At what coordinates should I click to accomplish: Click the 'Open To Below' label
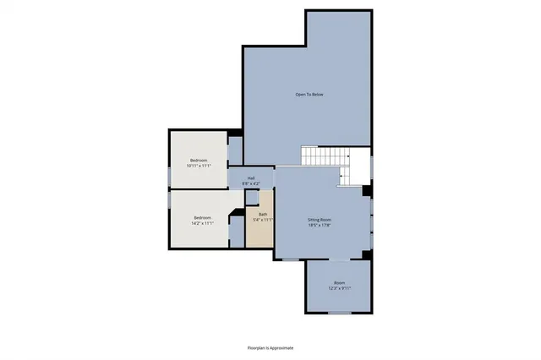pos(309,94)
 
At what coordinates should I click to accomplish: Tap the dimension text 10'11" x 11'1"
pos(199,166)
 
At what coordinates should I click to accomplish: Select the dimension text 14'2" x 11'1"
pos(201,224)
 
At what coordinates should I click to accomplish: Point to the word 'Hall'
pos(251,177)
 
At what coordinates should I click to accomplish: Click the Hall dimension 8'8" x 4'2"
pos(251,183)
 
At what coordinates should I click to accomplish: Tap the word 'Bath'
pos(263,215)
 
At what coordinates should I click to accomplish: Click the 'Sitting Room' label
pos(320,220)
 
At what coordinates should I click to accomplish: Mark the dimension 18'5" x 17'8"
pos(320,226)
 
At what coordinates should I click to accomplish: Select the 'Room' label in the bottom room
pos(339,283)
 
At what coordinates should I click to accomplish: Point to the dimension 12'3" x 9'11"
pos(339,289)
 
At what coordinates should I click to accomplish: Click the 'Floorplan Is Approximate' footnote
pos(270,347)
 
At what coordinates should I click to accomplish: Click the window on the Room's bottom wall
pos(339,314)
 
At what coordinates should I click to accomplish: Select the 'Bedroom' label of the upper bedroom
pos(199,161)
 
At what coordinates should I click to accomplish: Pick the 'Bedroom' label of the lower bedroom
pos(201,218)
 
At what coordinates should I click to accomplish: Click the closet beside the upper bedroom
pos(236,150)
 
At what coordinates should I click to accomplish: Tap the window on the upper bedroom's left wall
pos(169,175)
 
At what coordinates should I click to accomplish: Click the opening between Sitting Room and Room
pos(339,258)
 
